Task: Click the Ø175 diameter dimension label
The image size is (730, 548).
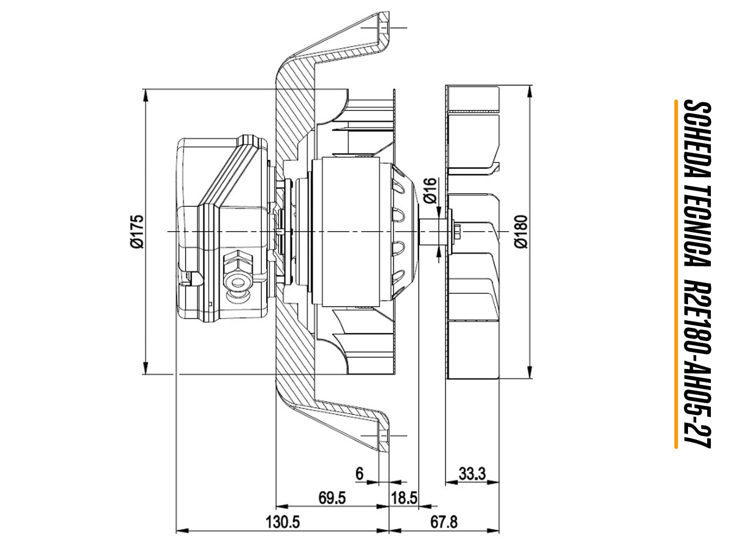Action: point(137,231)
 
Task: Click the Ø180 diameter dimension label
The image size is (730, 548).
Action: point(521,232)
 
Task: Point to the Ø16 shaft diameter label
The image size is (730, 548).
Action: point(430,190)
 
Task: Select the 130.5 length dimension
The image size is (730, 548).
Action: point(283,522)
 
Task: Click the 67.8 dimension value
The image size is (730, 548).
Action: point(444,522)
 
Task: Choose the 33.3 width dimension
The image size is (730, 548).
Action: point(472,474)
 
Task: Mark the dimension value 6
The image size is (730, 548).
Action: point(360,474)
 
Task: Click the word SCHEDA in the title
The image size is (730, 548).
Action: point(697,140)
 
